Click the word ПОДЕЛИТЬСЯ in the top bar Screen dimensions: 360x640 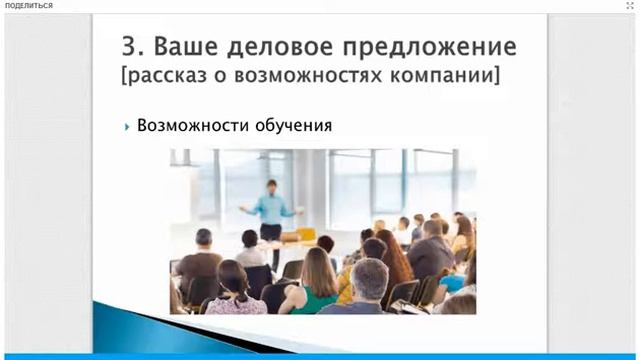29,6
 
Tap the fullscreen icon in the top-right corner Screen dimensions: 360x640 630,6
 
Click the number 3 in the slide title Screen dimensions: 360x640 129,46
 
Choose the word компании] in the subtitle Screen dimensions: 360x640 456,76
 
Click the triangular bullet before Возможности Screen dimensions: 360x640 128,127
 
